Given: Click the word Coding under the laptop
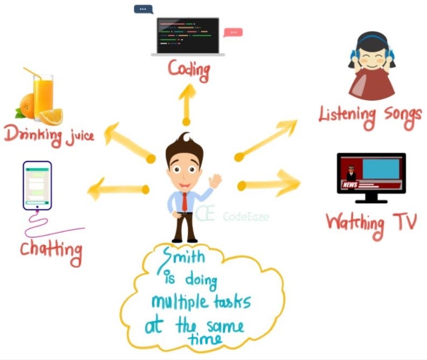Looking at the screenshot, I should [188, 70].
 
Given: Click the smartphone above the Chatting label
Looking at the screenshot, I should [37, 186].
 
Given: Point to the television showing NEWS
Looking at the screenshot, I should [371, 173].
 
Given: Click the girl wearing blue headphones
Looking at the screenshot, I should [372, 65].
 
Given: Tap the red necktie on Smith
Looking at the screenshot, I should [185, 201].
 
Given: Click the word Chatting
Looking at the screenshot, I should [52, 248].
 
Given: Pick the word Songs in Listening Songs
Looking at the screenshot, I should [399, 114].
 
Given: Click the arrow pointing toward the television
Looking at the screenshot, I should [269, 183].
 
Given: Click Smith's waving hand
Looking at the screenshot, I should [215, 180].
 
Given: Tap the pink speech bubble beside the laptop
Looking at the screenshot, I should [233, 32].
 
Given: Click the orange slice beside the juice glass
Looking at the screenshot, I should [51, 116].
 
